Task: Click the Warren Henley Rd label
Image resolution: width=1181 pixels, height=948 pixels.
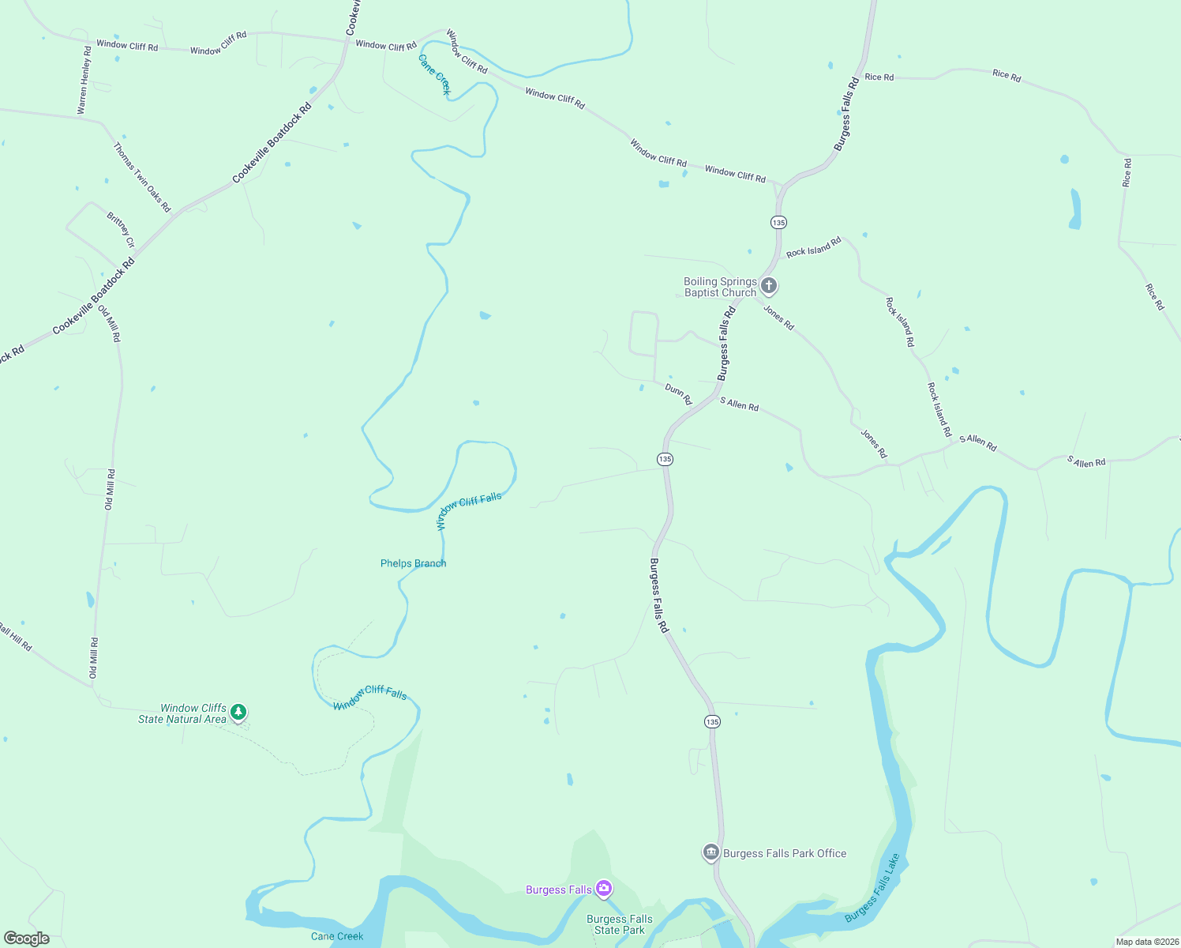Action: (84, 81)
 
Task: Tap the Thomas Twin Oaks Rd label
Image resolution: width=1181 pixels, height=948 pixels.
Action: (142, 177)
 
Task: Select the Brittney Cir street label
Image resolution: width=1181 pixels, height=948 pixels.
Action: (121, 230)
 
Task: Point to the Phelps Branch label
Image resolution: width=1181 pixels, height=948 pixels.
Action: (413, 563)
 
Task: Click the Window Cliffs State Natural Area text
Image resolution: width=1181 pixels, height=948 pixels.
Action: (182, 713)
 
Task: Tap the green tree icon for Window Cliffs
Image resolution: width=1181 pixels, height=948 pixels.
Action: (238, 713)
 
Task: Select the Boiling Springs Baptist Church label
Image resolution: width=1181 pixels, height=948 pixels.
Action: (720, 287)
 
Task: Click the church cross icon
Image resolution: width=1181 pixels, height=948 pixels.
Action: (769, 285)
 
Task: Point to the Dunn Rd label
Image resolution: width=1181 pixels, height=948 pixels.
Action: (678, 393)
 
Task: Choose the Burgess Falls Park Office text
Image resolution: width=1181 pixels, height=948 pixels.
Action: (785, 853)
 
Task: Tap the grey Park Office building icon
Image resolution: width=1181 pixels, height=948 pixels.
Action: (710, 852)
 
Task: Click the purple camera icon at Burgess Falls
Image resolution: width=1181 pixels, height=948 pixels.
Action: (604, 889)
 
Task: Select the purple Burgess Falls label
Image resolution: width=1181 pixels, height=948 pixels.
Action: (559, 890)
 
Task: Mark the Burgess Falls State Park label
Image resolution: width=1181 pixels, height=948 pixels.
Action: (620, 924)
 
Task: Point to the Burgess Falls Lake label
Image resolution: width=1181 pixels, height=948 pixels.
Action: (872, 887)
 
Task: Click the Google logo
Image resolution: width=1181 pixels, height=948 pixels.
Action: (26, 939)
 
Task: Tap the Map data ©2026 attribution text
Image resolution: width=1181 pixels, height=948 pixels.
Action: (1146, 942)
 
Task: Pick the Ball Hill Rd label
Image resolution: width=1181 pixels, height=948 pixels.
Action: (16, 637)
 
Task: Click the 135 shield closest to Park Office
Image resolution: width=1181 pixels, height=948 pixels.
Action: (712, 721)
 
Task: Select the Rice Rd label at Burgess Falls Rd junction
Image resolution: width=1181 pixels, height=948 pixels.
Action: (879, 77)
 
